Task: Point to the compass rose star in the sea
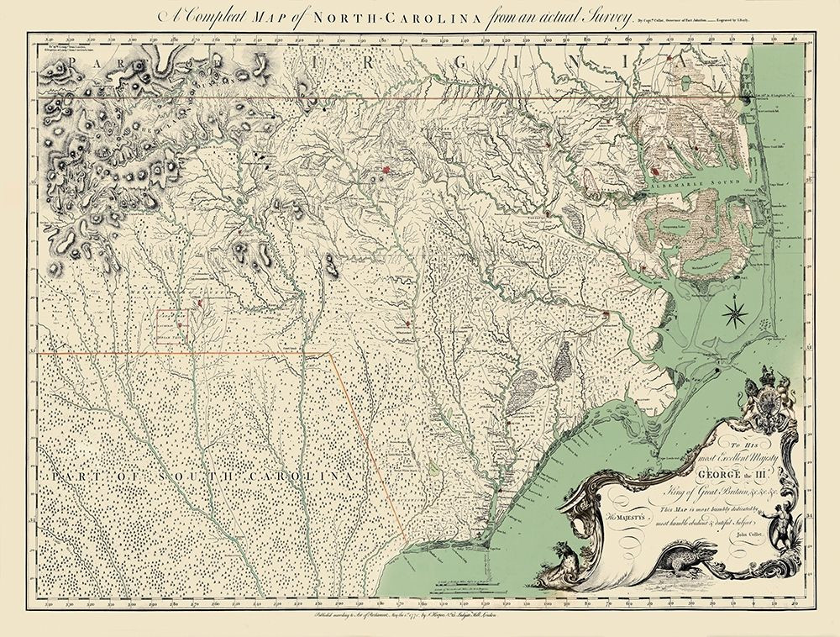(734, 313)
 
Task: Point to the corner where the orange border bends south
(330, 353)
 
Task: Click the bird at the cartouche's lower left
(559, 555)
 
